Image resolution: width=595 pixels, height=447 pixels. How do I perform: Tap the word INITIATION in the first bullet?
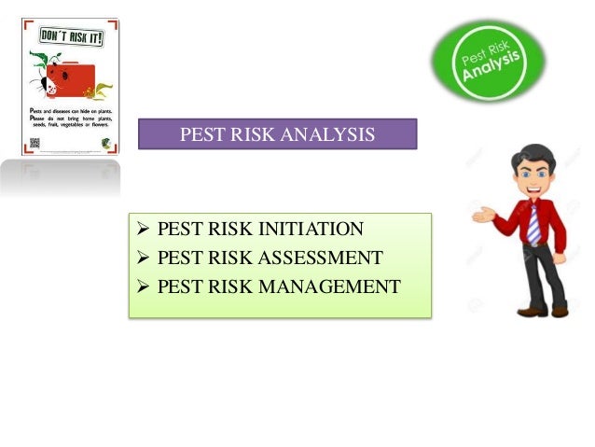click(311, 230)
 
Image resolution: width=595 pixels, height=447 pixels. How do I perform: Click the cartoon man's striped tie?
click(533, 225)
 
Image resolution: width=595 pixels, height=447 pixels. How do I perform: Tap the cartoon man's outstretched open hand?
click(482, 216)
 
